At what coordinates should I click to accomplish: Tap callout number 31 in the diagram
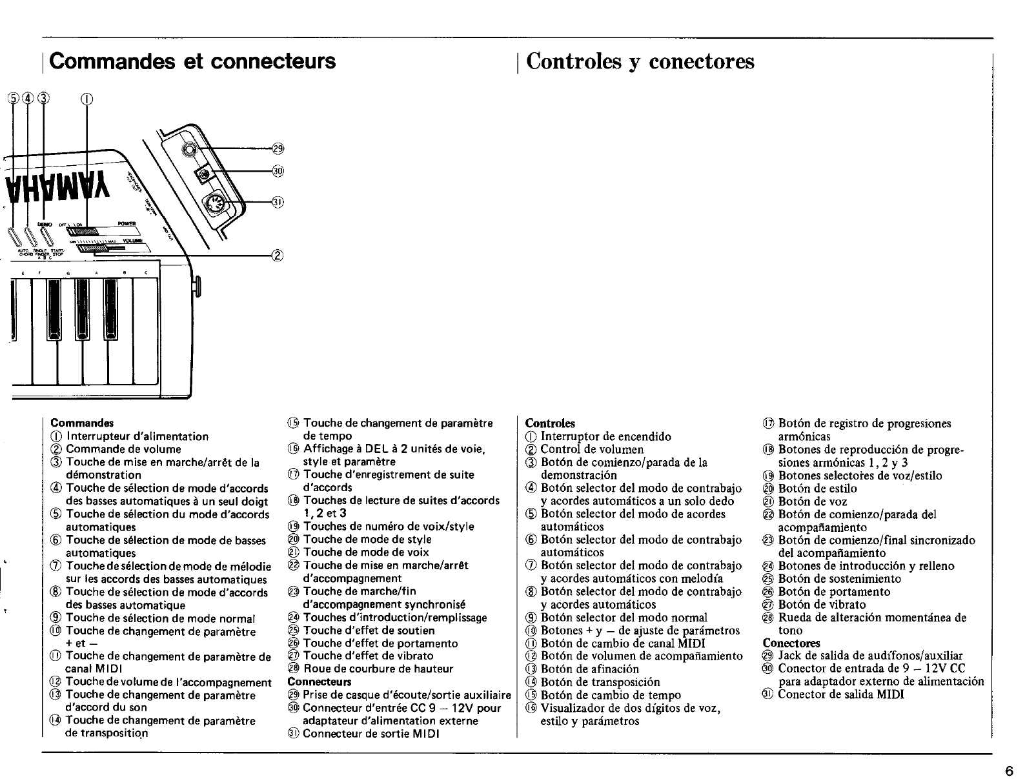pos(278,202)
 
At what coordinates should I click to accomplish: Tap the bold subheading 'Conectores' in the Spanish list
pos(791,643)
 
